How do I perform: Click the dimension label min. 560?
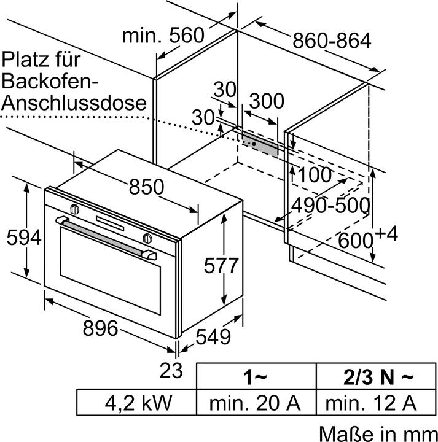tap(163, 35)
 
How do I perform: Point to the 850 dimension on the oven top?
tap(146, 187)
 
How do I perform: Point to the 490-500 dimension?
tap(330, 205)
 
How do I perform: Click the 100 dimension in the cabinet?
tap(315, 174)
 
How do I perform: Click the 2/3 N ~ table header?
tap(374, 376)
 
